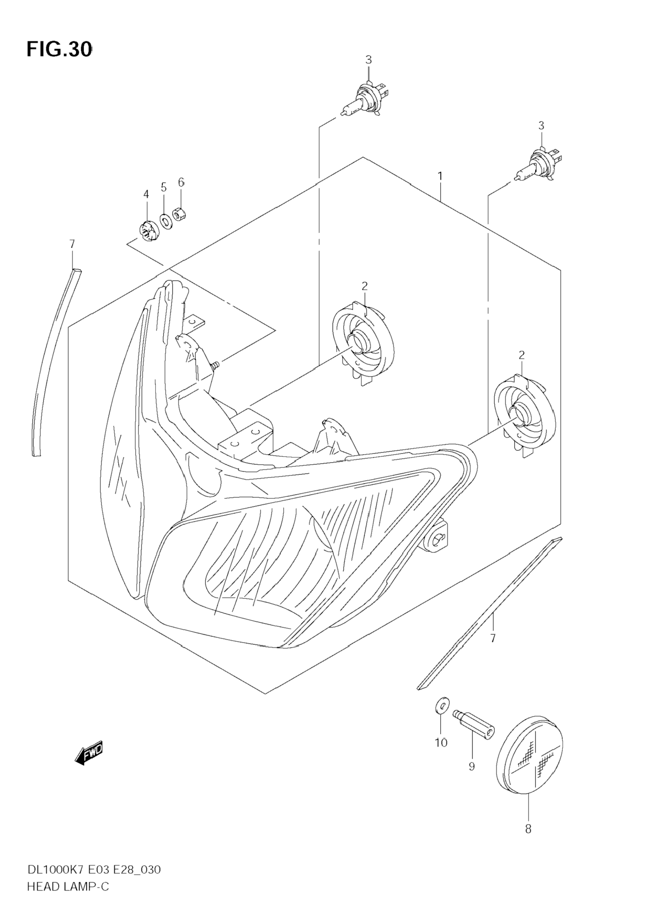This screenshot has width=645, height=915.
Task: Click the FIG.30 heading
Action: tap(59, 50)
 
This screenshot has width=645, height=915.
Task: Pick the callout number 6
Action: tap(181, 182)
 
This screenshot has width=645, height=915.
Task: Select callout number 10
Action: tap(441, 743)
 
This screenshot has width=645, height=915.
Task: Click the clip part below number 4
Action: tap(148, 232)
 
